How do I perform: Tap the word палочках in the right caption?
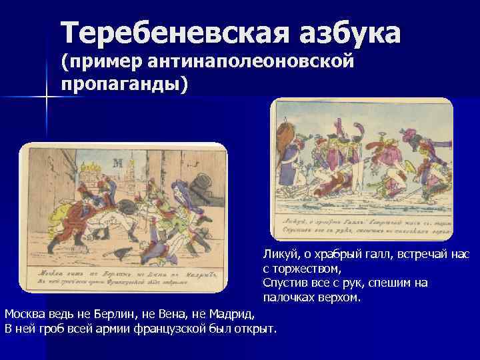coord(289,297)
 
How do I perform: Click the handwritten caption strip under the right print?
coord(363,225)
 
